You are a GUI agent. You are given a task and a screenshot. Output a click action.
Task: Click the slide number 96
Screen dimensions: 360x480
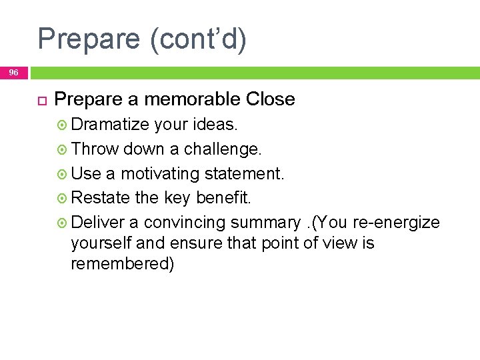(14, 72)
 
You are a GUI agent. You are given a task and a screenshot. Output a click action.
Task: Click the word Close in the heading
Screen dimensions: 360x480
(270, 99)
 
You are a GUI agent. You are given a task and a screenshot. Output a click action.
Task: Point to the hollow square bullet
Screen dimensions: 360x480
(40, 100)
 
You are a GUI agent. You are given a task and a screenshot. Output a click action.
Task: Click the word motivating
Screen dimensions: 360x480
(160, 173)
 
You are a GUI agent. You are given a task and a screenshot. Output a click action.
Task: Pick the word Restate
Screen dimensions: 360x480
(100, 198)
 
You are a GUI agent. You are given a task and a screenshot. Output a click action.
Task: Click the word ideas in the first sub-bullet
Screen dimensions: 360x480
(215, 125)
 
